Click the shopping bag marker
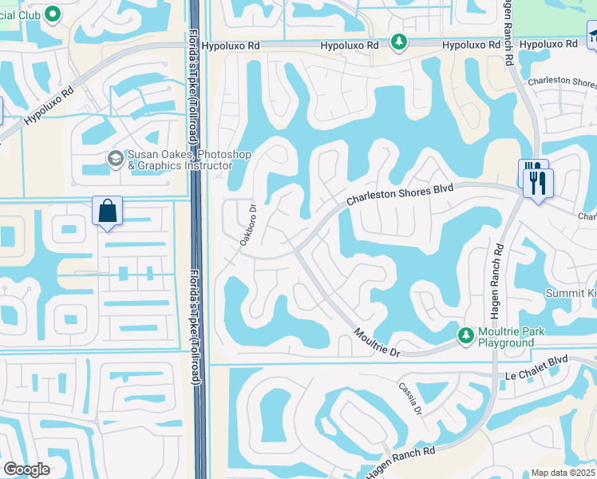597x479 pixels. click(108, 212)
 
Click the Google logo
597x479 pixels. click(26, 469)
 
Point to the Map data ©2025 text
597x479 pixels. click(563, 473)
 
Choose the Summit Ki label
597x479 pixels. click(571, 294)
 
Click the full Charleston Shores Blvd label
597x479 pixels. click(400, 195)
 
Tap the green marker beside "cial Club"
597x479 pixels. click(53, 14)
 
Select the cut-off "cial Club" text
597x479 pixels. click(21, 14)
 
